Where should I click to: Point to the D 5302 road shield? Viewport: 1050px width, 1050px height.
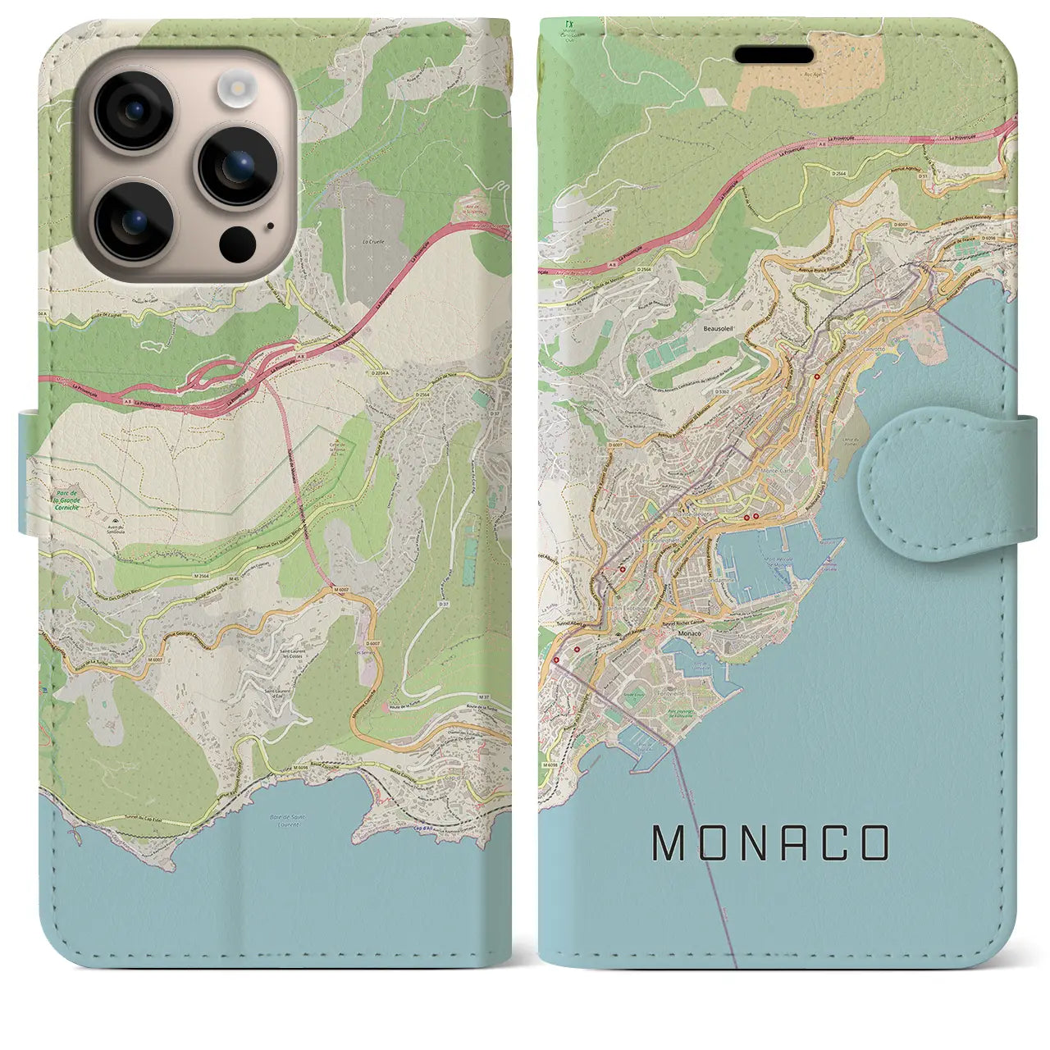723,392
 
